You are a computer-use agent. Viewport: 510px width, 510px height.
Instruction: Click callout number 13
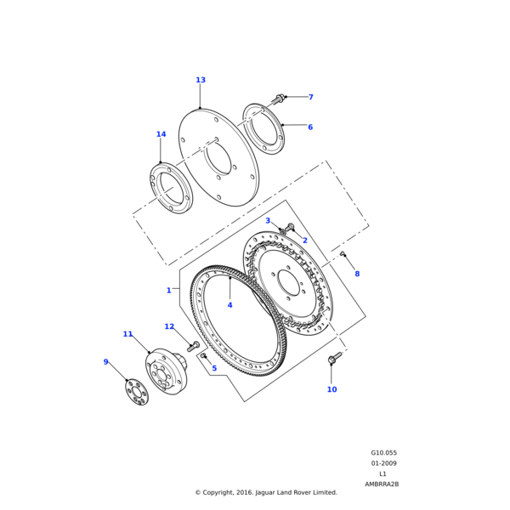click(x=201, y=81)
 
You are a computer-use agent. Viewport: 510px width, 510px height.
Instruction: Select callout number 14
click(x=161, y=134)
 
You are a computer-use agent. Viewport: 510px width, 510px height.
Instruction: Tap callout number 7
click(x=310, y=98)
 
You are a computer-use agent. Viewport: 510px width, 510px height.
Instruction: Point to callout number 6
click(x=310, y=127)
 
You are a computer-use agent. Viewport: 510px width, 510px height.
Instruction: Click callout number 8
click(x=357, y=274)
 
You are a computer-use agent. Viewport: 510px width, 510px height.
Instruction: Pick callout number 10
click(x=331, y=389)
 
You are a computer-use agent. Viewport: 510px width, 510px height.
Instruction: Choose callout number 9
click(x=106, y=362)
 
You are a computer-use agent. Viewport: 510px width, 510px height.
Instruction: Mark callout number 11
click(x=127, y=334)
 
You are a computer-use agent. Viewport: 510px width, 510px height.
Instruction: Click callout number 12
click(x=169, y=326)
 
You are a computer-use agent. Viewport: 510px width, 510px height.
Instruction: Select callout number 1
click(x=168, y=291)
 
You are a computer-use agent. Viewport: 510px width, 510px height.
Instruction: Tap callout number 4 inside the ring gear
click(x=229, y=305)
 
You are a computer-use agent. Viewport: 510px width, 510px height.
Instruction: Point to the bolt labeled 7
click(x=277, y=99)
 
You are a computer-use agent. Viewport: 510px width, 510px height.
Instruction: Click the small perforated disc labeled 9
click(x=135, y=392)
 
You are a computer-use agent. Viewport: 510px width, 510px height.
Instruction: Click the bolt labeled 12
click(x=194, y=346)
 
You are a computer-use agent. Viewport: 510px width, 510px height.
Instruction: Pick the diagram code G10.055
click(x=383, y=453)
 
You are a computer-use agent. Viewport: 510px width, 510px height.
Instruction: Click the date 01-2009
click(x=383, y=463)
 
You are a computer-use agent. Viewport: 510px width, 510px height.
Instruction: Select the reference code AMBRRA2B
click(x=382, y=484)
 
